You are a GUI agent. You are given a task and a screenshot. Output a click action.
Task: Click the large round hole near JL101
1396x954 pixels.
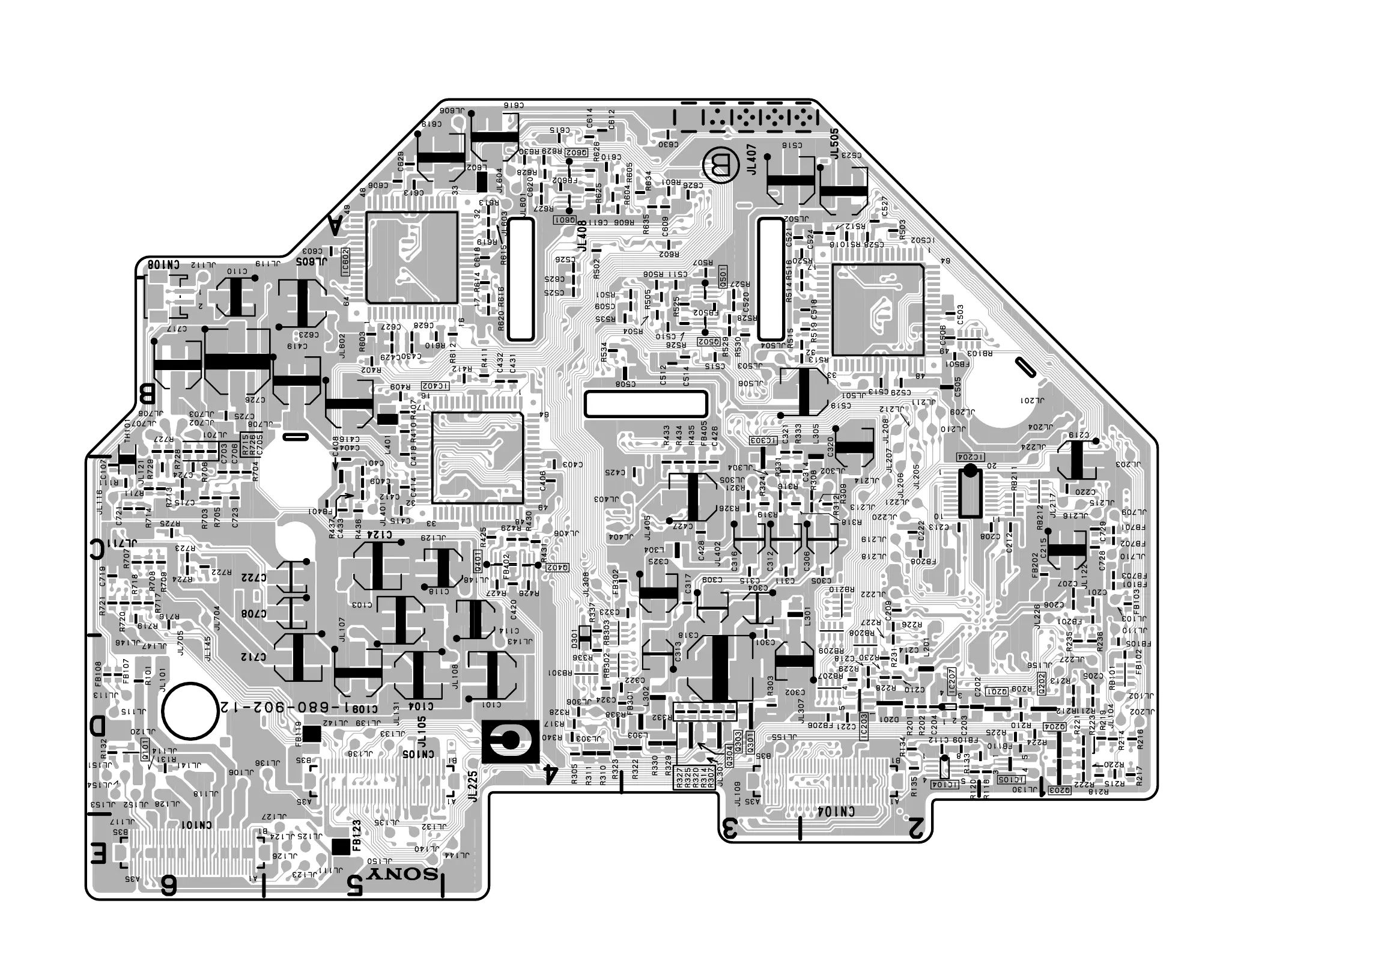point(191,711)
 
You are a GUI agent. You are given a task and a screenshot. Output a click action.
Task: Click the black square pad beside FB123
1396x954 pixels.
point(341,846)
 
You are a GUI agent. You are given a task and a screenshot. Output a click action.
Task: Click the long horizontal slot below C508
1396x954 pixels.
point(645,404)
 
